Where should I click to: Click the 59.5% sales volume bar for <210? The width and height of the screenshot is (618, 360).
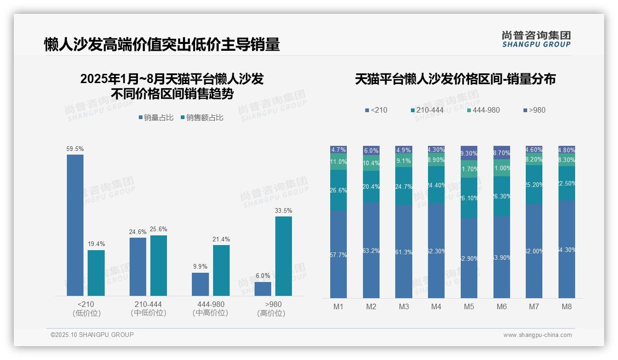tap(75, 225)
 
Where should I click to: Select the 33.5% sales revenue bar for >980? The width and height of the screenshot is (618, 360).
tap(284, 256)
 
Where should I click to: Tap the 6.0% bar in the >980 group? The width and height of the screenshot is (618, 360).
tap(263, 288)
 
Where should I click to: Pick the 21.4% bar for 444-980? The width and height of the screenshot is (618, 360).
tap(221, 270)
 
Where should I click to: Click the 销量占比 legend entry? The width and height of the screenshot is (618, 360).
tap(156, 118)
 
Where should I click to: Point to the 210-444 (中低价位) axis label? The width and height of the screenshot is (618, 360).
tap(149, 308)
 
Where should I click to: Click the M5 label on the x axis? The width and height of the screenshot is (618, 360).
tap(469, 306)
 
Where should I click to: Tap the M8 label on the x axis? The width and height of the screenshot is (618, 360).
tap(567, 306)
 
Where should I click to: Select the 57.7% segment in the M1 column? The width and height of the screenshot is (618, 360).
tap(339, 254)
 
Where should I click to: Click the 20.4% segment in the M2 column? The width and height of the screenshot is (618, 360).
tap(371, 186)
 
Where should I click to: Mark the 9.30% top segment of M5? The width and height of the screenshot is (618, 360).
tap(469, 153)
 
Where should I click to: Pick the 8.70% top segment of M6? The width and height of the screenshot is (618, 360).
tap(502, 152)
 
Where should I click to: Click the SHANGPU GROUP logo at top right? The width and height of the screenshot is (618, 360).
tap(536, 39)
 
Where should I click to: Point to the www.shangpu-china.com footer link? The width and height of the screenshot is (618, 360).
tap(537, 335)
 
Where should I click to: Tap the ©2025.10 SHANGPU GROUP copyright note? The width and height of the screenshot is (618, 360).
tap(92, 335)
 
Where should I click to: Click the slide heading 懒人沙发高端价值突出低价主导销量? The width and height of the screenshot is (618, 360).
tap(162, 45)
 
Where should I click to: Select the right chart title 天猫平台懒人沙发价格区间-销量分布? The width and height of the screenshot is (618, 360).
tap(455, 79)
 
